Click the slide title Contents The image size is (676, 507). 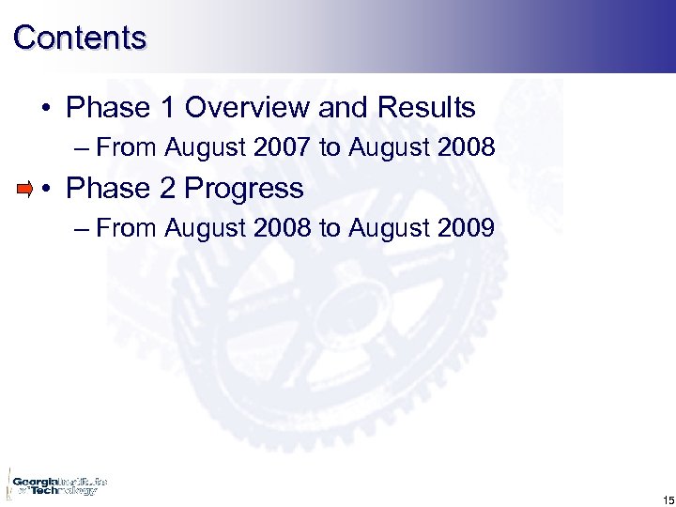coord(81,38)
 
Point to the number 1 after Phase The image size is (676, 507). coord(167,108)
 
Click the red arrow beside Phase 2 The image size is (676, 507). coord(25,190)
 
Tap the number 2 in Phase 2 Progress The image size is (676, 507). coord(167,189)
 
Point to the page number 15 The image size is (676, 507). coord(667,499)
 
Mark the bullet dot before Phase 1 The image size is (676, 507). coord(46,109)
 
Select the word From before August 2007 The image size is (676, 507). coord(127,148)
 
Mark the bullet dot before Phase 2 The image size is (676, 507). coord(46,190)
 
